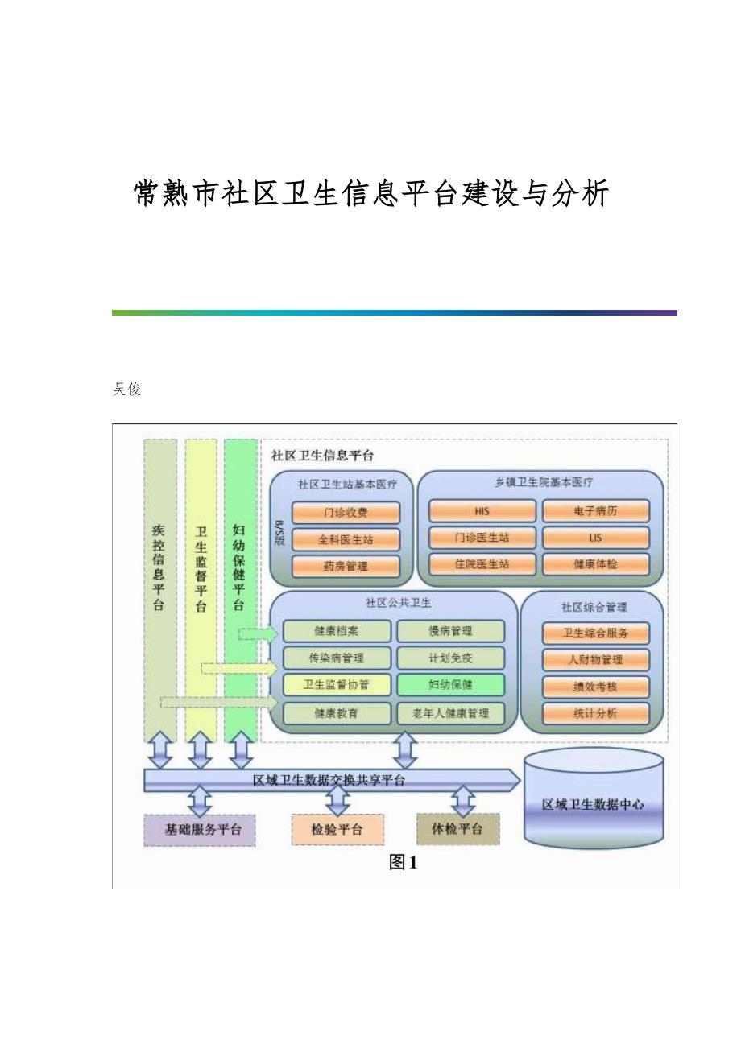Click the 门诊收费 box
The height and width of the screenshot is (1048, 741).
(x=346, y=513)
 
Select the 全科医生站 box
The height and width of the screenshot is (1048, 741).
(x=346, y=539)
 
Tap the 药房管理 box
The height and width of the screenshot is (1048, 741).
(x=346, y=566)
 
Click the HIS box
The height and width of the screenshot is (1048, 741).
(x=482, y=511)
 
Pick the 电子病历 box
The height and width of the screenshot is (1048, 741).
(x=595, y=511)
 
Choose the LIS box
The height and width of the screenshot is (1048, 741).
(x=595, y=538)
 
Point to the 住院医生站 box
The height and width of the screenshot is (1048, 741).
(x=482, y=564)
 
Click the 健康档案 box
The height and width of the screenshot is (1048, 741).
(x=337, y=631)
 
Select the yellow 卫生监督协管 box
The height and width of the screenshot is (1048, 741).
(x=337, y=685)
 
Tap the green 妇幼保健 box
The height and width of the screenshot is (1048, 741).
(x=450, y=685)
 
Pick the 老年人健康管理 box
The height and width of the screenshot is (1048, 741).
(x=450, y=712)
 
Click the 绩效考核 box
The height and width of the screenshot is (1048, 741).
(x=595, y=687)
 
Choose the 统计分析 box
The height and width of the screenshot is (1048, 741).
(x=595, y=713)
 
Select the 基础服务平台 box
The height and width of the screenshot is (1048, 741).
(x=199, y=829)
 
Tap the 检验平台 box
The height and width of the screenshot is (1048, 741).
(x=337, y=829)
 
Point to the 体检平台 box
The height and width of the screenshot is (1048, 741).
(x=457, y=829)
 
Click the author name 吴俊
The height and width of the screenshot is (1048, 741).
(x=126, y=390)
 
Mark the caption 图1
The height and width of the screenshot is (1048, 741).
(x=403, y=863)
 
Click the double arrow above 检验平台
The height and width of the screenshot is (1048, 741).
(x=337, y=801)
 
